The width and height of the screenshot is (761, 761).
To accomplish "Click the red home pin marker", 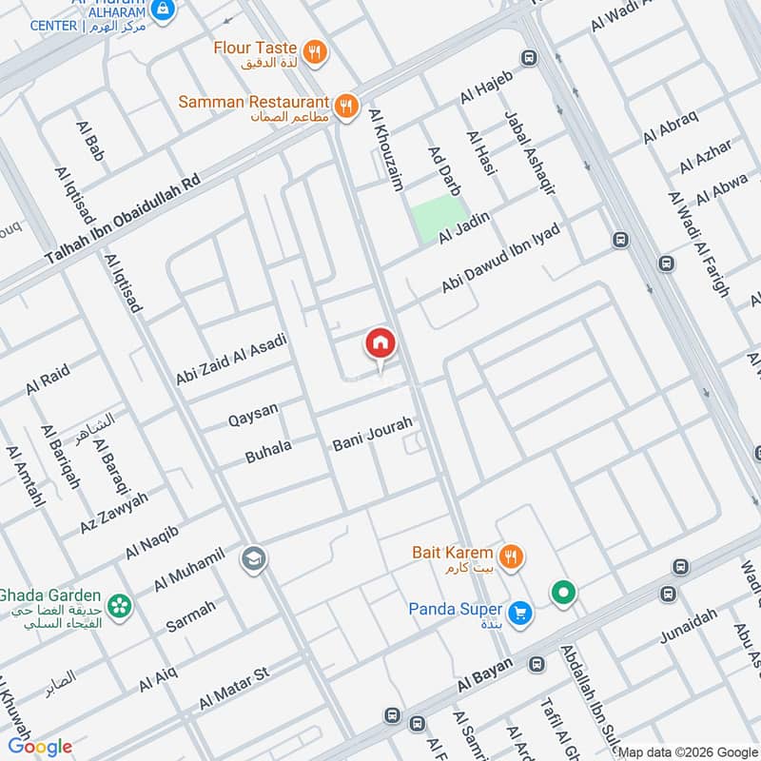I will [380, 344].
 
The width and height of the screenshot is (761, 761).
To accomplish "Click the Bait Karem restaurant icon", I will [511, 556].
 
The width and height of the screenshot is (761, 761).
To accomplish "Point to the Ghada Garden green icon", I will [119, 604].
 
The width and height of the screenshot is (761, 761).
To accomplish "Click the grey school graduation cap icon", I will [254, 558].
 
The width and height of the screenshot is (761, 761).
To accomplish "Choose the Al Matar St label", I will [234, 689].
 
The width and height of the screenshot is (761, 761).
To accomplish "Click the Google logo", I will [41, 747].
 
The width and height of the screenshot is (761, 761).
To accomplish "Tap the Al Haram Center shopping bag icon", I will [164, 10].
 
